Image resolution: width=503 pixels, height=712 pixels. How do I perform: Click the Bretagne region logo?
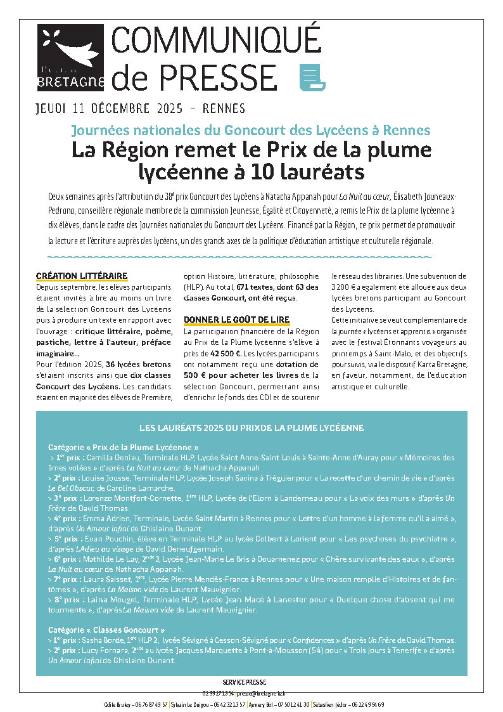point(70,57)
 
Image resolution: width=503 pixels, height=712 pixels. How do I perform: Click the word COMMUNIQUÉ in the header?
point(216,41)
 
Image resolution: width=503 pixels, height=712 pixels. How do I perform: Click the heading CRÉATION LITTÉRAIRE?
point(82,276)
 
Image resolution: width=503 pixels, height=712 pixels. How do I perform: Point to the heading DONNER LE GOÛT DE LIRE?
point(236,319)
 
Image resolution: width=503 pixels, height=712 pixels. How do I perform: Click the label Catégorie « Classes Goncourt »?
point(106,630)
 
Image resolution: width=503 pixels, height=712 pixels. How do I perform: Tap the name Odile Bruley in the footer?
point(118,704)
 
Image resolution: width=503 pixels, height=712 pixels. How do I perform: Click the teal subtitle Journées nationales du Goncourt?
point(251,131)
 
